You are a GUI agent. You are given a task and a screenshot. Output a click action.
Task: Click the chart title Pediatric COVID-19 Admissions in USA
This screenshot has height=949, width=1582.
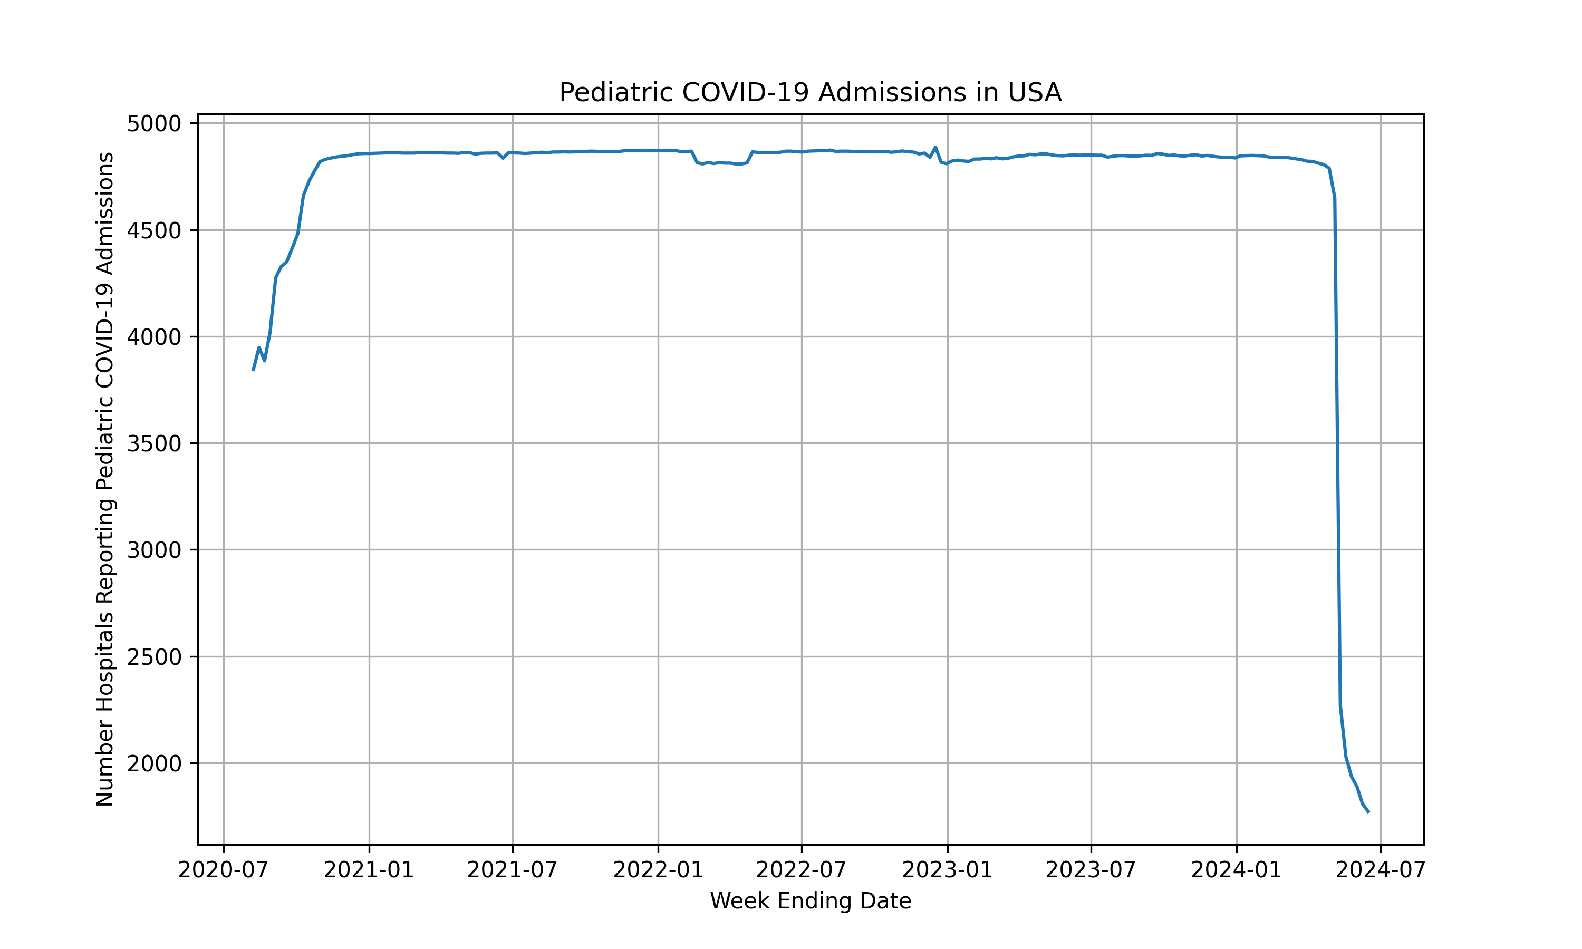pyautogui.click(x=810, y=93)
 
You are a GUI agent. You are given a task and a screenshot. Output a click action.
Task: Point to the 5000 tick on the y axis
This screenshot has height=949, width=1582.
pyautogui.click(x=154, y=123)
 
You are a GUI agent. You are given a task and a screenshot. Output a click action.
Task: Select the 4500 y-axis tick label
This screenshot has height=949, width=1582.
pyautogui.click(x=154, y=230)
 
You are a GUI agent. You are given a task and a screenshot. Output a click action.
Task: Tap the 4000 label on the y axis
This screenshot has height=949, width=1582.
pyautogui.click(x=154, y=337)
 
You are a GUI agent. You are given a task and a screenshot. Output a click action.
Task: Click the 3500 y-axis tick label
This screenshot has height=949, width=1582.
pyautogui.click(x=154, y=443)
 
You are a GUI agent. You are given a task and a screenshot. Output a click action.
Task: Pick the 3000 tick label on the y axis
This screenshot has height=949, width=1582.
pyautogui.click(x=154, y=550)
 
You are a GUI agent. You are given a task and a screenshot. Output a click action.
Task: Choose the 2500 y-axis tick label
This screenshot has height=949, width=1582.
pyautogui.click(x=154, y=657)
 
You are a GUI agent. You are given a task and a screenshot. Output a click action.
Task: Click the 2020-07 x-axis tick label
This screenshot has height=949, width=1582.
pyautogui.click(x=223, y=870)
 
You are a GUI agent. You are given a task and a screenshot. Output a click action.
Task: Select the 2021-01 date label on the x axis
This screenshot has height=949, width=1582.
pyautogui.click(x=369, y=870)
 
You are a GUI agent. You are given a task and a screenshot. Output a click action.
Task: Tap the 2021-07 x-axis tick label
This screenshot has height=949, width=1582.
pyautogui.click(x=512, y=870)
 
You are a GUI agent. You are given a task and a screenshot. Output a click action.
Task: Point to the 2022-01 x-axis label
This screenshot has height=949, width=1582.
pyautogui.click(x=658, y=870)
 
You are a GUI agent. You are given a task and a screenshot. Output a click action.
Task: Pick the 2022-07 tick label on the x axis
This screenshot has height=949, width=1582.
pyautogui.click(x=801, y=870)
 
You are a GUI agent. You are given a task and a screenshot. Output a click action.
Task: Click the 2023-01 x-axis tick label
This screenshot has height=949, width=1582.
pyautogui.click(x=947, y=870)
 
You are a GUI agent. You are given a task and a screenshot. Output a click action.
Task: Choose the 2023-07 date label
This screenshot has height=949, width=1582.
pyautogui.click(x=1091, y=870)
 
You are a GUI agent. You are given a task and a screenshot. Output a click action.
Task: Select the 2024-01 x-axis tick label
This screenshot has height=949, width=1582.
pyautogui.click(x=1236, y=870)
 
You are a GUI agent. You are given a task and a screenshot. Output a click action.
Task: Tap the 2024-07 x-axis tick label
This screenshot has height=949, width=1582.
pyautogui.click(x=1380, y=870)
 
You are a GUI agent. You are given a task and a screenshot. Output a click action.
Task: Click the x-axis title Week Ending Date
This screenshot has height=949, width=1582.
pyautogui.click(x=810, y=901)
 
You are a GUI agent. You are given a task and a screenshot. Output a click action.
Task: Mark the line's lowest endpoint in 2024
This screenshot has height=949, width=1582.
pyautogui.click(x=1368, y=812)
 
